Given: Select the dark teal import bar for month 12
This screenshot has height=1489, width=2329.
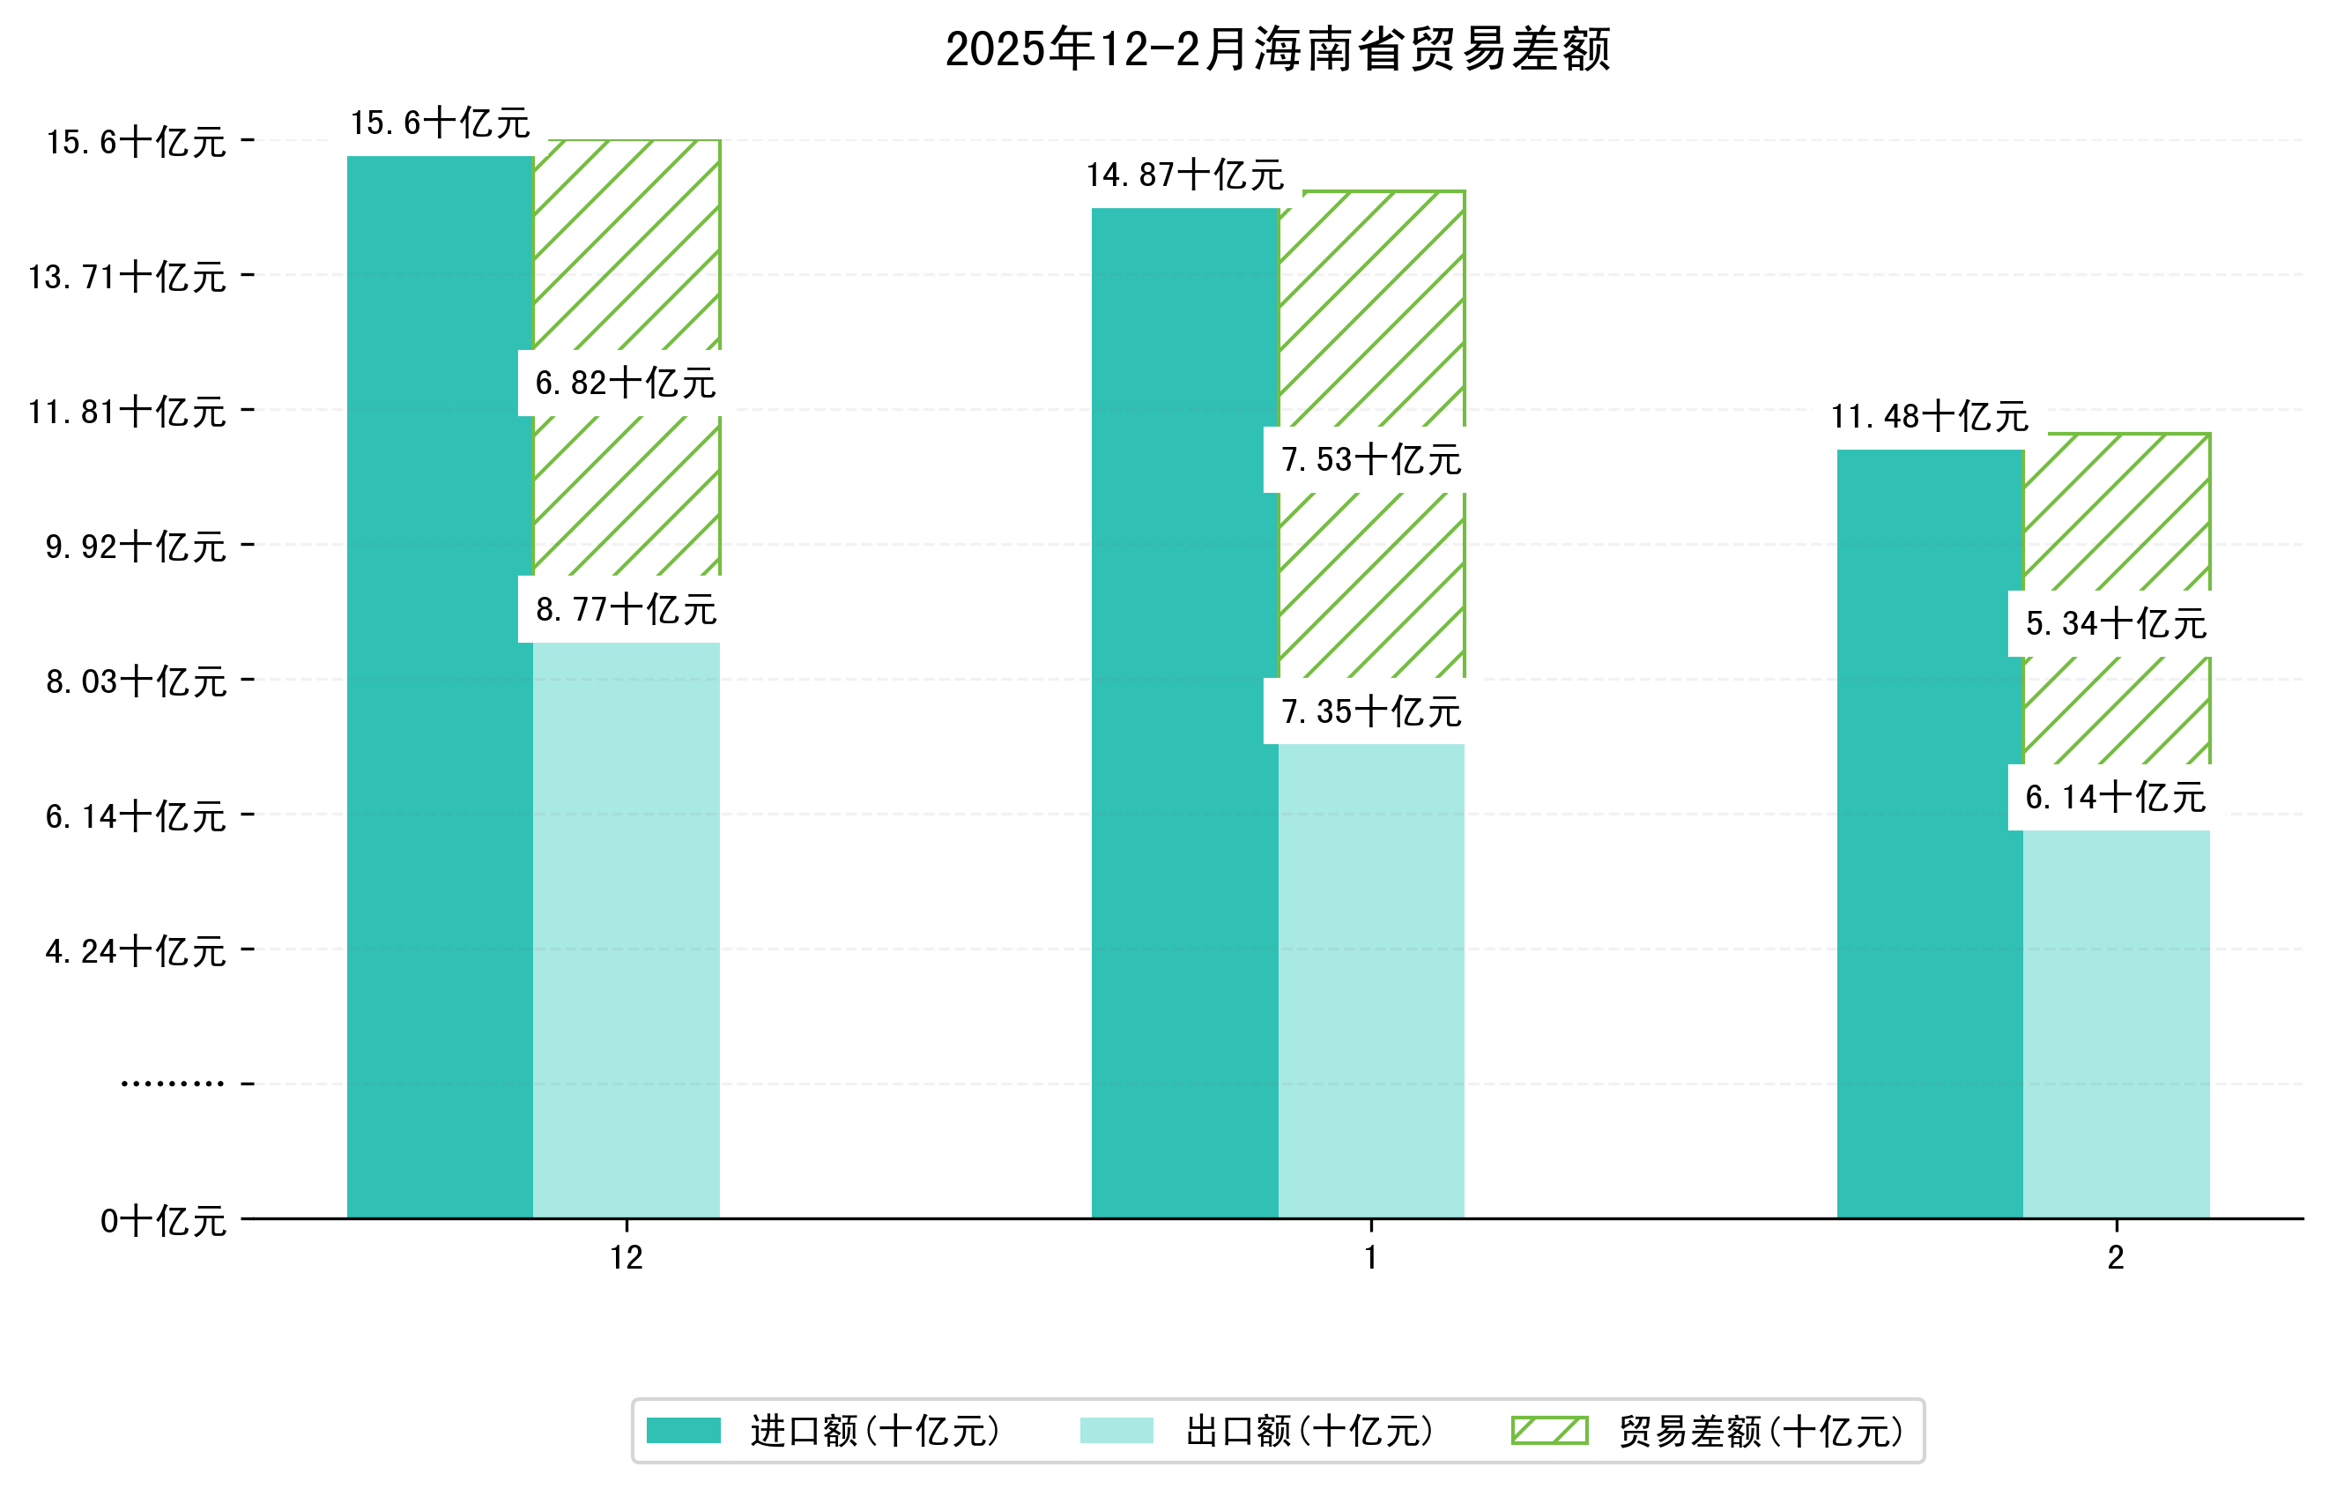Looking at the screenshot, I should (440, 687).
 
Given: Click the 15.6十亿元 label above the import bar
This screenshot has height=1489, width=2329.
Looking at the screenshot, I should (440, 123).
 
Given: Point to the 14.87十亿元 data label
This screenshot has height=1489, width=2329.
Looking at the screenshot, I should (1185, 176).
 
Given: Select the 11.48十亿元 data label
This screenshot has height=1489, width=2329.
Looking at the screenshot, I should (1930, 417).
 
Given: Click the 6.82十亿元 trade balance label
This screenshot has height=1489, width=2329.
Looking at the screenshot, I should (626, 383).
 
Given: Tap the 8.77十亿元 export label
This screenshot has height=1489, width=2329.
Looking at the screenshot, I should (626, 609).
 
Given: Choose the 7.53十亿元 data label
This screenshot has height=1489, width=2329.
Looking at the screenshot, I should (1370, 459).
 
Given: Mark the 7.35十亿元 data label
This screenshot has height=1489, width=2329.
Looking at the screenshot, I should (1370, 712).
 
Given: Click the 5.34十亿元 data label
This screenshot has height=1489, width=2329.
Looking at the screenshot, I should (2117, 624).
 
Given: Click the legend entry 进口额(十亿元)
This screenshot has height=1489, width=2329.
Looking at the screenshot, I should (874, 1431).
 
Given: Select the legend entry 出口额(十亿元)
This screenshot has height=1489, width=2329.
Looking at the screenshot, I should (1309, 1431).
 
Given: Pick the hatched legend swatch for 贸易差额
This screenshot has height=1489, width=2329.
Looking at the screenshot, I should (1549, 1431).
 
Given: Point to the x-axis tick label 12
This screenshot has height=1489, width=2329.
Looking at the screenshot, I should (626, 1258).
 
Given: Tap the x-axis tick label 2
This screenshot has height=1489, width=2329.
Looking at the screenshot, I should (2117, 1258).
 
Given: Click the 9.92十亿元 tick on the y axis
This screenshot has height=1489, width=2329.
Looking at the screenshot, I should (137, 547).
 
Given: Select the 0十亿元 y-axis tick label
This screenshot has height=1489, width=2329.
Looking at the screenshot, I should (163, 1221).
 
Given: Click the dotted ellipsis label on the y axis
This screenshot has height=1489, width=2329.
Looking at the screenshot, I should (172, 1083).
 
